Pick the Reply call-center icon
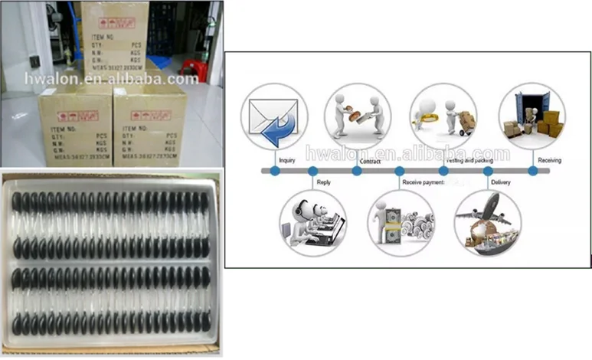point(312,222)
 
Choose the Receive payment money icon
point(401,222)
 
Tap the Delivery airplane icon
point(488,222)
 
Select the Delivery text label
point(501,182)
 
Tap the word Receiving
point(549,160)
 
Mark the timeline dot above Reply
point(312,171)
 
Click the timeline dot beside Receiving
point(532,171)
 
